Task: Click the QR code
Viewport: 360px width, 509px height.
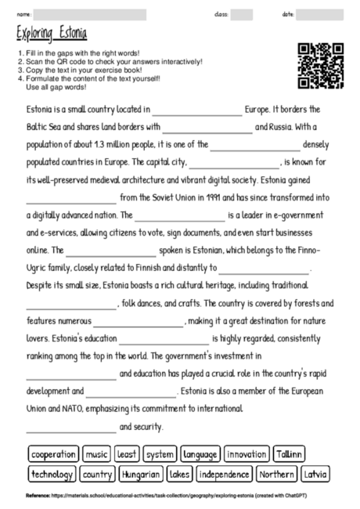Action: coord(321,66)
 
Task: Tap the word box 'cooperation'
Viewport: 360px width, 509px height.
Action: coord(54,454)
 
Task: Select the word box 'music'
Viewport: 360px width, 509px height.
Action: coord(97,454)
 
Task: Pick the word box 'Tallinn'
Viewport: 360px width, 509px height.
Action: coord(288,454)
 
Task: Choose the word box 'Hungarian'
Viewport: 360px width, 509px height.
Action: coord(141,475)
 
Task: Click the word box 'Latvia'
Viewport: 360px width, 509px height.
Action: coord(315,475)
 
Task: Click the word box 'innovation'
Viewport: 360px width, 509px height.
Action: coord(247,454)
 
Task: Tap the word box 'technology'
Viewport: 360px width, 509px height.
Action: coord(52,475)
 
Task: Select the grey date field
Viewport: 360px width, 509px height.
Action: coord(319,14)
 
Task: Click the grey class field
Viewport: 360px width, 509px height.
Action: coord(241,14)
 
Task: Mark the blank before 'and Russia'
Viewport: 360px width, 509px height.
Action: coord(207,128)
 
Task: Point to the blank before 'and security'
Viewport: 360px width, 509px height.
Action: coord(70,428)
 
